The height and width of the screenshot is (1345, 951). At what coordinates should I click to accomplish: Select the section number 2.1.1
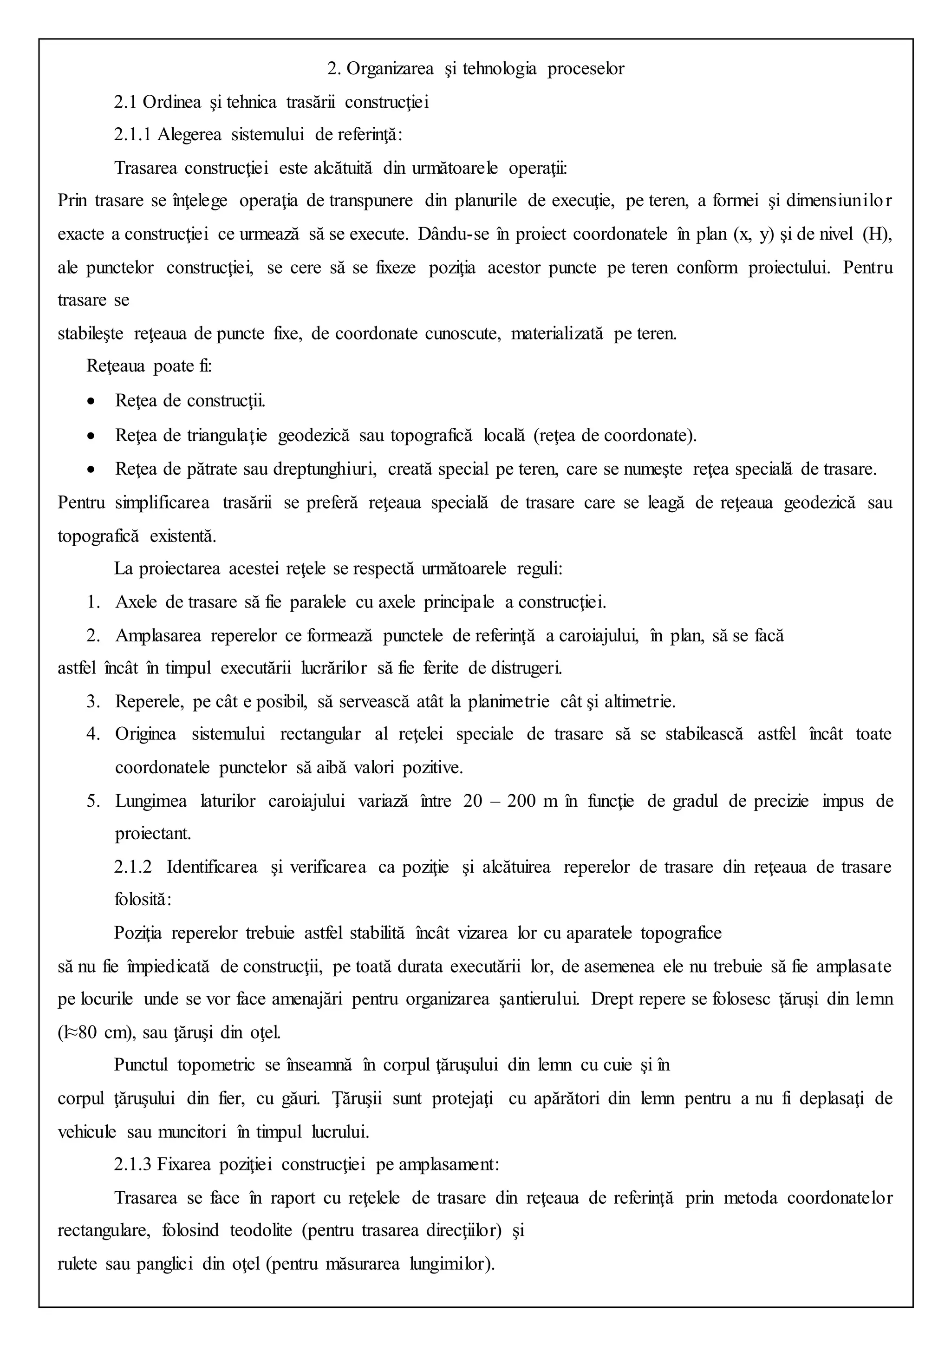pos(132,135)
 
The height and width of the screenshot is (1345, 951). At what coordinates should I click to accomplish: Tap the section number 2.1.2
pos(132,867)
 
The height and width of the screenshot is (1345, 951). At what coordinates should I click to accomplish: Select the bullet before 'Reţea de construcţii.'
pos(90,402)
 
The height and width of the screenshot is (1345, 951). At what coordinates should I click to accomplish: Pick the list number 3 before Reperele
pos(93,702)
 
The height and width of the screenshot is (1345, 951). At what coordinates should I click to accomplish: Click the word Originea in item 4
pos(145,735)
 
